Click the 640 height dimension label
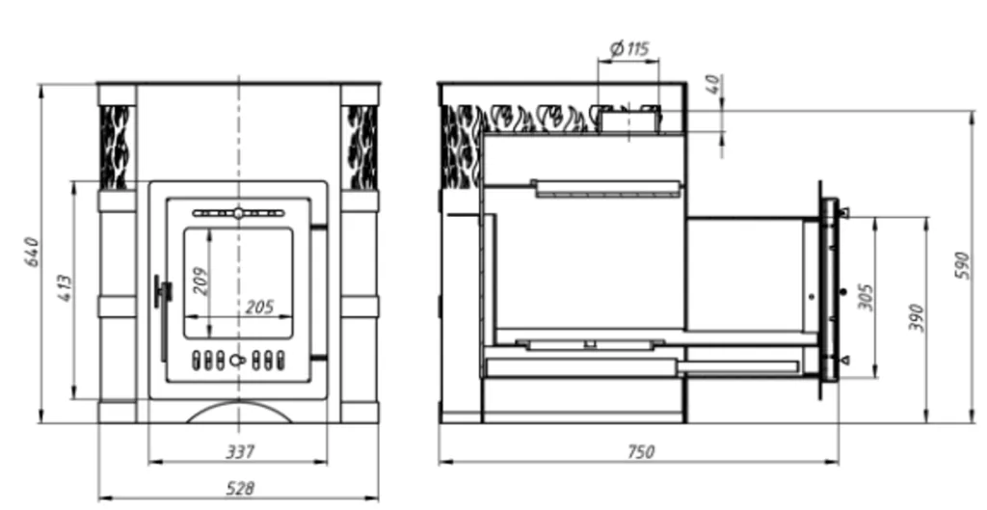coord(31,252)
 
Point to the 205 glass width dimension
coord(258,307)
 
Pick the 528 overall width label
coord(239,489)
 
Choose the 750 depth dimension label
coord(638,451)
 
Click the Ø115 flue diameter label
coord(629,48)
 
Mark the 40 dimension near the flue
coord(711,85)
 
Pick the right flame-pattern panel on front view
coord(361,146)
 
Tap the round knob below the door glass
coord(237,361)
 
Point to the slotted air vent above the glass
coord(237,212)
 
